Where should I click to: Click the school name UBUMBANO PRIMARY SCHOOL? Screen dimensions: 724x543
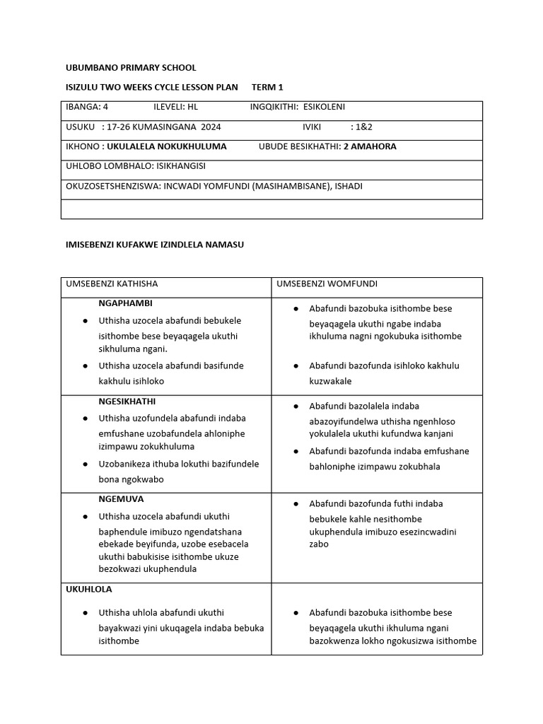click(x=131, y=68)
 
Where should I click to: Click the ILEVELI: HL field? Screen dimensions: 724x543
click(x=175, y=107)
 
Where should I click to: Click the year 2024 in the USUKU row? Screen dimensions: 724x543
click(x=211, y=127)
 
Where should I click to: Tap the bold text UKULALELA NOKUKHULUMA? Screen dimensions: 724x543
click(x=167, y=146)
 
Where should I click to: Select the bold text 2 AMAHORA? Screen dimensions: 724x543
click(x=370, y=146)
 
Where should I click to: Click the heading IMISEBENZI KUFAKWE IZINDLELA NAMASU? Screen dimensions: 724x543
click(x=154, y=245)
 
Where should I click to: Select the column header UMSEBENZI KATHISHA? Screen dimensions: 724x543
click(x=112, y=284)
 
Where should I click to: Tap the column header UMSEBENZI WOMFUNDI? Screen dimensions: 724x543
click(x=327, y=284)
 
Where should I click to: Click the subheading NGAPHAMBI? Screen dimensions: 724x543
click(x=124, y=303)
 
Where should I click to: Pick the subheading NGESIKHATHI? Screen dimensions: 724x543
click(x=128, y=401)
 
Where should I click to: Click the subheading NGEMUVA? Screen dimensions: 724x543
click(x=121, y=499)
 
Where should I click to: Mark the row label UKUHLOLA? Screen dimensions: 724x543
click(x=88, y=589)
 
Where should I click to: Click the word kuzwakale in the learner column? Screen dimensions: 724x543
click(x=330, y=381)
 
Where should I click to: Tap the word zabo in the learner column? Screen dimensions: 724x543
click(x=319, y=544)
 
